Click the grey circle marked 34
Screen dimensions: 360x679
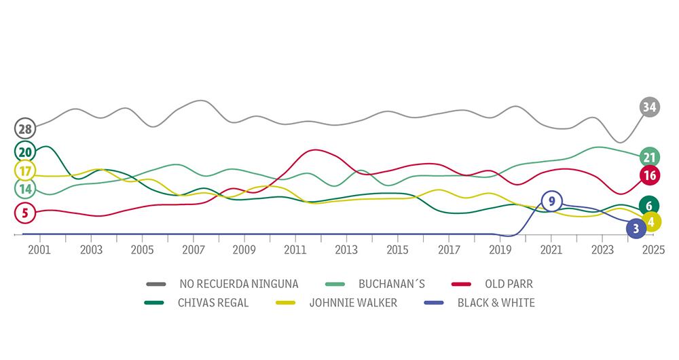[x=650, y=107]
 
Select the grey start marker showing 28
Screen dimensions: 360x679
[x=25, y=128]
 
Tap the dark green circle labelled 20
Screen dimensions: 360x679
[x=25, y=151]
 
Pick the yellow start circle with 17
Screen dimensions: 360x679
[x=25, y=170]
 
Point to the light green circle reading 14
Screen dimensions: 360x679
[x=25, y=189]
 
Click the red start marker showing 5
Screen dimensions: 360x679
[x=25, y=213]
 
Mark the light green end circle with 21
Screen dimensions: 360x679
[x=650, y=157]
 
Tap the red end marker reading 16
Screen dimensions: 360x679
[x=650, y=175]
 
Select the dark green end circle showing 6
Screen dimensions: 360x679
[x=650, y=206]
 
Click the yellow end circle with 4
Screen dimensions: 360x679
[x=650, y=221]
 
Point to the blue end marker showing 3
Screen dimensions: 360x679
[x=636, y=229]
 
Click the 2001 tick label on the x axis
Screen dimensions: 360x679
[x=40, y=250]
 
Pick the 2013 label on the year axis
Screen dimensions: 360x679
[x=346, y=250]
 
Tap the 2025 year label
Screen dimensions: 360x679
[x=653, y=250]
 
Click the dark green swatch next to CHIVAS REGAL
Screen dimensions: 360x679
[x=157, y=303]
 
